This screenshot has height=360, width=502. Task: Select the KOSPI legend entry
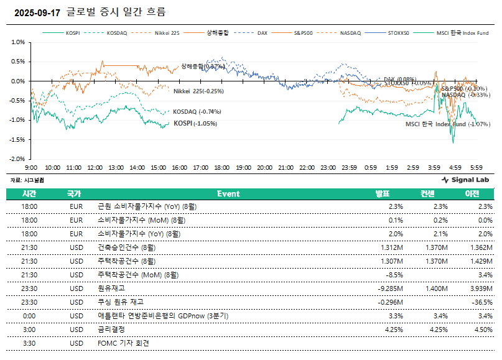tap(73, 33)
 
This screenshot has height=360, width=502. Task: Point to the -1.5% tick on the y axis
tap(17, 140)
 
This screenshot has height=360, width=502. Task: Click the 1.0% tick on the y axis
tap(17, 42)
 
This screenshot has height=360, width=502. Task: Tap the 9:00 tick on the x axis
tap(31, 168)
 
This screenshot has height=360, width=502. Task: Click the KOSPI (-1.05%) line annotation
tap(195, 123)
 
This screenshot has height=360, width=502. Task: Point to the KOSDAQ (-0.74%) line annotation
tap(197, 112)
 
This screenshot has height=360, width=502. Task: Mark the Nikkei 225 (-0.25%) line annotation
tap(198, 91)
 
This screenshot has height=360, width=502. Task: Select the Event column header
tap(228, 194)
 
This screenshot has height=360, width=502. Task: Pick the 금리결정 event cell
tap(112, 330)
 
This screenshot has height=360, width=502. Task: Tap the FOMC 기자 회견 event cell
tap(124, 343)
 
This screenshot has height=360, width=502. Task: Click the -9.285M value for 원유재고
tap(391, 288)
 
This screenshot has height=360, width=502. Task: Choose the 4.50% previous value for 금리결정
tap(483, 330)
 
